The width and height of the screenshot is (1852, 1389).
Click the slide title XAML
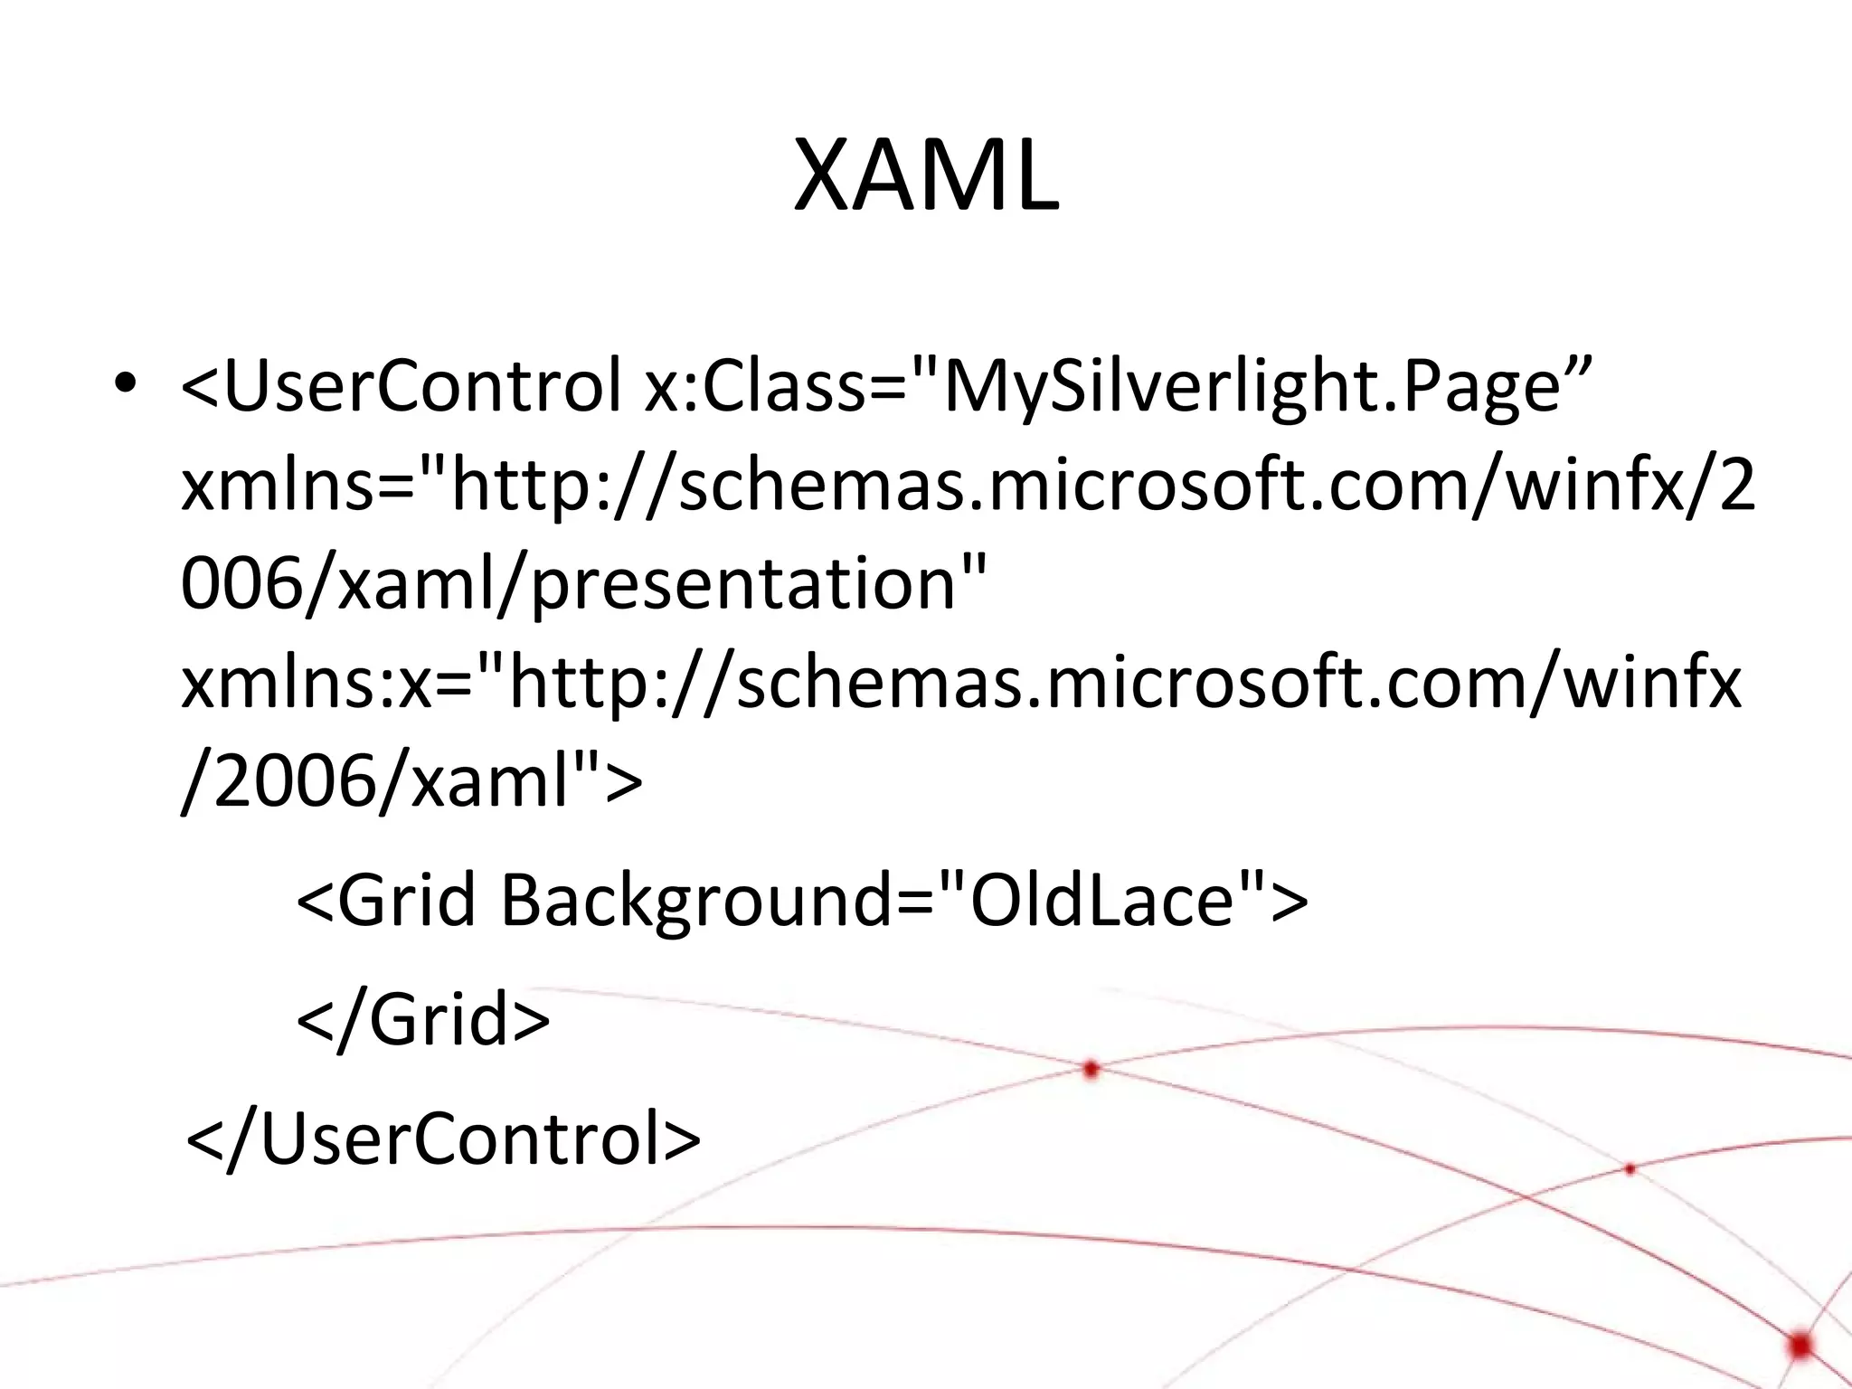tap(926, 175)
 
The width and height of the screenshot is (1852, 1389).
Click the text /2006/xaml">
tap(411, 783)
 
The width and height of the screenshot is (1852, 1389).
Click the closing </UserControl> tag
tap(443, 1139)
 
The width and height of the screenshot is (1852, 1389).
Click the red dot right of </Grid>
tap(1091, 1070)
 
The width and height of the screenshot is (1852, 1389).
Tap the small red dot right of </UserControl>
tap(1630, 1169)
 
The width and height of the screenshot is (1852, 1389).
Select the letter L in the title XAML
tap(1032, 175)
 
